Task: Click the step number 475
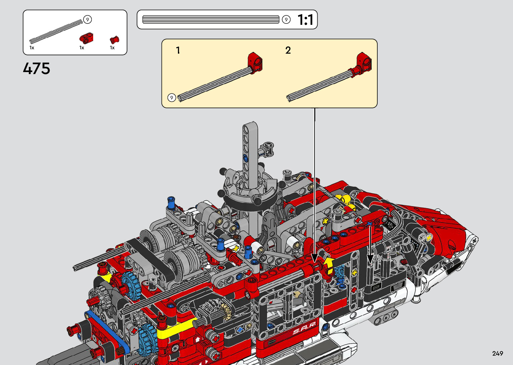[x=37, y=68]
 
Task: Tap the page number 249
[x=498, y=353]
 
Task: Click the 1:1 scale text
[x=305, y=20]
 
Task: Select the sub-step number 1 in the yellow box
[x=178, y=50]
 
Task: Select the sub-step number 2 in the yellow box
[x=288, y=50]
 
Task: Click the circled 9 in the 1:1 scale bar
[x=286, y=20]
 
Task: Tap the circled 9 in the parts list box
[x=87, y=20]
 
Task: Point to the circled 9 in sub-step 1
[x=172, y=98]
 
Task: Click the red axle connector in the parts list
[x=86, y=38]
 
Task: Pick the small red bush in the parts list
[x=115, y=40]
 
